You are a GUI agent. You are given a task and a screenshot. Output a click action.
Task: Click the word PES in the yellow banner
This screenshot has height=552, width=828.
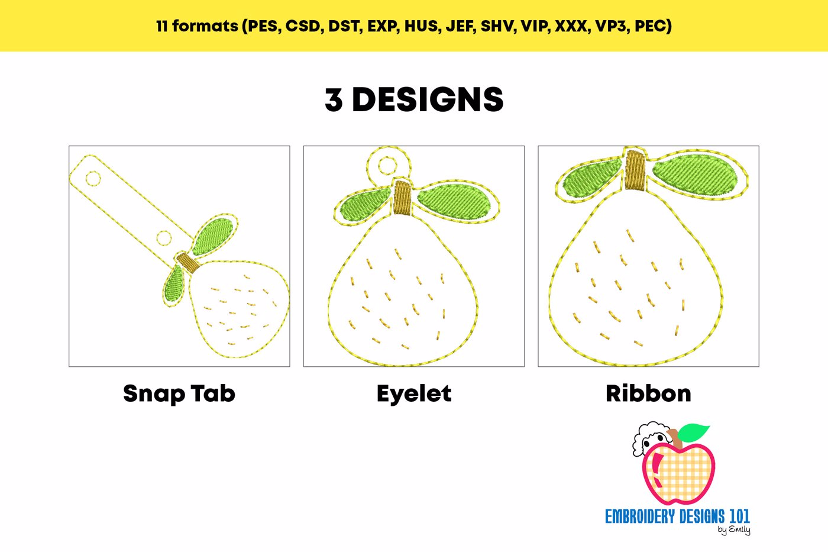(263, 26)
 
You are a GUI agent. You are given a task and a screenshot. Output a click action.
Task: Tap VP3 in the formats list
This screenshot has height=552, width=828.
(610, 26)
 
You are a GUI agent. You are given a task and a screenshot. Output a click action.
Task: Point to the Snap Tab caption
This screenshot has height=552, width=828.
(179, 393)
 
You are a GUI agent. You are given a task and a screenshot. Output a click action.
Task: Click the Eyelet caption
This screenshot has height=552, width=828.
(414, 394)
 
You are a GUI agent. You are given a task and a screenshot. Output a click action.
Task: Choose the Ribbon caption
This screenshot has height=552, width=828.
(648, 393)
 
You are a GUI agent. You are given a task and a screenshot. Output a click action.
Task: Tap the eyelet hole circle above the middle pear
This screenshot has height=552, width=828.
(388, 165)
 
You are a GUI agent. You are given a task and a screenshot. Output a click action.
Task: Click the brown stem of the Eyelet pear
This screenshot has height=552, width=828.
(403, 198)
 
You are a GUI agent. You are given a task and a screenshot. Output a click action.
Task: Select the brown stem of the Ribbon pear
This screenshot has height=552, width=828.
(635, 170)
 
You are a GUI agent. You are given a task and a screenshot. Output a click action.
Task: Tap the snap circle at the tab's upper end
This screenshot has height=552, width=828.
(93, 179)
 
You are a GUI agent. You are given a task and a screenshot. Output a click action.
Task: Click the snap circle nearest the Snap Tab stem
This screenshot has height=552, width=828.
(163, 238)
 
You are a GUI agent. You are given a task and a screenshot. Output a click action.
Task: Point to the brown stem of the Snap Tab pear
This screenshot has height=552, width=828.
(188, 262)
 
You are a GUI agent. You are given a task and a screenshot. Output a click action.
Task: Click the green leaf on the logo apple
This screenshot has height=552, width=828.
(693, 432)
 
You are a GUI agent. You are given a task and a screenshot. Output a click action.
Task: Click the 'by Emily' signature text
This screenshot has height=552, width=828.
(734, 530)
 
